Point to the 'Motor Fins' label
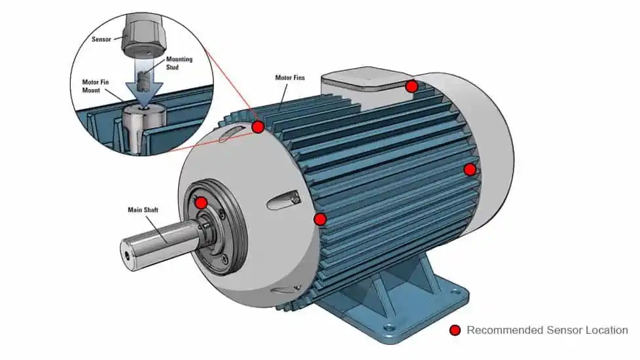(290, 78)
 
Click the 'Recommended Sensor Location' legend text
(547, 331)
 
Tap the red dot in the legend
(455, 331)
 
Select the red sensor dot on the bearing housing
(202, 203)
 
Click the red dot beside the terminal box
(412, 86)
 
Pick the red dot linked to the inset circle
(258, 126)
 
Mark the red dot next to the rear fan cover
(470, 170)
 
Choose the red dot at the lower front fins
(320, 219)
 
